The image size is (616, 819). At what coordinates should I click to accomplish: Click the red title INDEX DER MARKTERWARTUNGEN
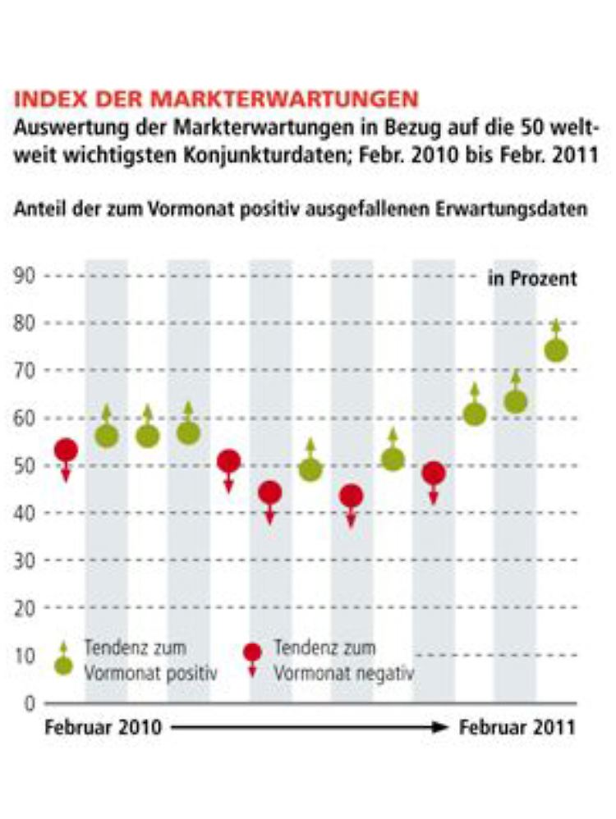click(216, 100)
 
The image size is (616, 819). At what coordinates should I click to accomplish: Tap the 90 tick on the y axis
click(25, 276)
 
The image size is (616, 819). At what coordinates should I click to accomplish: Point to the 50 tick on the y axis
click(25, 465)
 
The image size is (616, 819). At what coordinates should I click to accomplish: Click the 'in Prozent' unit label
click(533, 279)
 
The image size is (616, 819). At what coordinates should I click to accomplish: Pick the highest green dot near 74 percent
click(556, 350)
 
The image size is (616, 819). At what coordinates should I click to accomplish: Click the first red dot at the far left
click(66, 450)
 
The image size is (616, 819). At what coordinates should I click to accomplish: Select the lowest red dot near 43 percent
click(352, 496)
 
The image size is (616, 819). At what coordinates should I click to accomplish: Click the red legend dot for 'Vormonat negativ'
click(252, 652)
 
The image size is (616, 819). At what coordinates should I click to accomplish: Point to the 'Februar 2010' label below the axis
click(103, 727)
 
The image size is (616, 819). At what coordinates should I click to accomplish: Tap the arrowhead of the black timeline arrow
click(443, 727)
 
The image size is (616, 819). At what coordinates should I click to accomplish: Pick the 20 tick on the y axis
click(25, 607)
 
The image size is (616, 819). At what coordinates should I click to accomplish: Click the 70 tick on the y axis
click(25, 371)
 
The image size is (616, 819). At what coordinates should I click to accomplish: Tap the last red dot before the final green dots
click(434, 473)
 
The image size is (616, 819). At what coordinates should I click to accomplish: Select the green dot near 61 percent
click(475, 414)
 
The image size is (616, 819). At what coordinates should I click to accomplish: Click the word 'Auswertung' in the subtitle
click(62, 129)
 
